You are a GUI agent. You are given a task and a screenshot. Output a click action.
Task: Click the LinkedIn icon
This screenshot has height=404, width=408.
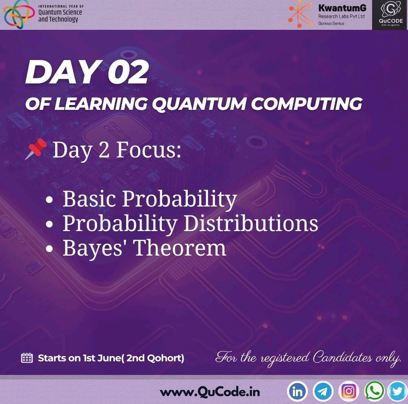point(298,392)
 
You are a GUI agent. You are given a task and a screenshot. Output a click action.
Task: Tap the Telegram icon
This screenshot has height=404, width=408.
point(323,392)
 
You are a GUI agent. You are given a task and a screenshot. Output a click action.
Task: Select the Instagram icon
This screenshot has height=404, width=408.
point(349,392)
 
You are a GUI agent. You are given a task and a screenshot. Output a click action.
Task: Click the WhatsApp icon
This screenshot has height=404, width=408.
point(374,392)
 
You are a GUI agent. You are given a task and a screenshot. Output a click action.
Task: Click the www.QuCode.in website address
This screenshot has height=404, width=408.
point(210,392)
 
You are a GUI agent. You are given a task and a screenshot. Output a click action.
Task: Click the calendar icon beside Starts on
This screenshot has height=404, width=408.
point(27,358)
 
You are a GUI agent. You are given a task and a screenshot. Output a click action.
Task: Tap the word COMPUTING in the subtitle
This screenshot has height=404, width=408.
point(306,104)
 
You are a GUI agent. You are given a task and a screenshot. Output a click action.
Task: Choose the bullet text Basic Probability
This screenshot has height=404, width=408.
point(150,199)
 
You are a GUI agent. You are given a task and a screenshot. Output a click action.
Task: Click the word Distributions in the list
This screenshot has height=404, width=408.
point(251,224)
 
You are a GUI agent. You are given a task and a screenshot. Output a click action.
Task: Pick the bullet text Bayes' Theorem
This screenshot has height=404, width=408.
point(144,248)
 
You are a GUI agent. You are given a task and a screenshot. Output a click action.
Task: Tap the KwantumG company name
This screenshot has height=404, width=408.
point(342,8)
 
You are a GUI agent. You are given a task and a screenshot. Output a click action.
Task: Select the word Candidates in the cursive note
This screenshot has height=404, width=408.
point(342,357)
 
